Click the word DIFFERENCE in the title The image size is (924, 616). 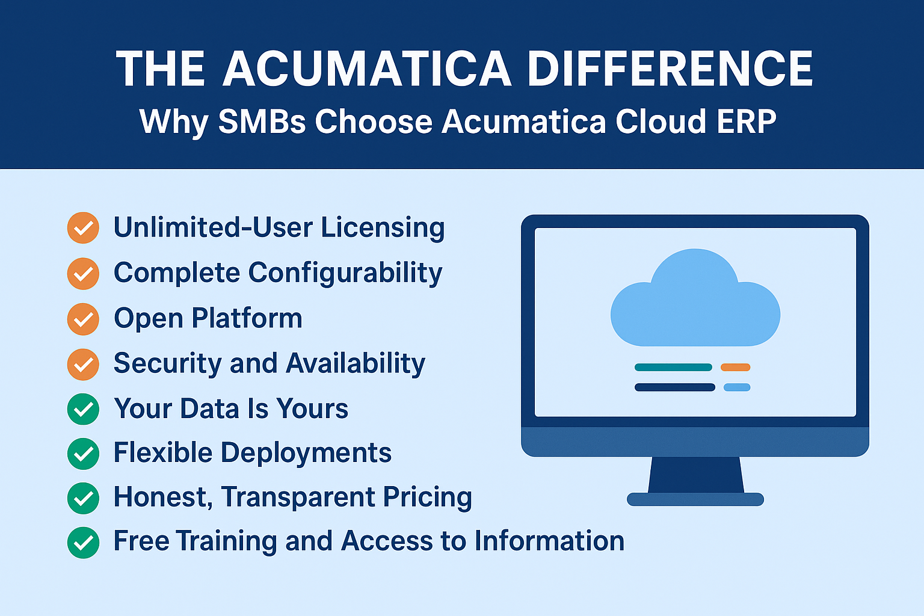(670, 69)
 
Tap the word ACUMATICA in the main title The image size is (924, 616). (367, 69)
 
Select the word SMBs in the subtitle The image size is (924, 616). (262, 122)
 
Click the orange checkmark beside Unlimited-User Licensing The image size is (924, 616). (83, 228)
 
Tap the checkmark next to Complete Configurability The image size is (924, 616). (83, 274)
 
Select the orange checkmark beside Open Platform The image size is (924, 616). (83, 319)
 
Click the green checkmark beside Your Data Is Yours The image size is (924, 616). (83, 409)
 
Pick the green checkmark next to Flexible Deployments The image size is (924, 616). (83, 454)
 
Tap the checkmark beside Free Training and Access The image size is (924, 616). (83, 543)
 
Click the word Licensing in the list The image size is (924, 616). (383, 228)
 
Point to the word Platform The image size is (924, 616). (247, 318)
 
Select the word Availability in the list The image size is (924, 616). (355, 364)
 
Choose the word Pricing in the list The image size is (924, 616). (427, 497)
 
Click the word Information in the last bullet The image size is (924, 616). (549, 540)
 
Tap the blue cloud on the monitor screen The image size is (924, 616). (695, 298)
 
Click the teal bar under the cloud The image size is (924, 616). (673, 367)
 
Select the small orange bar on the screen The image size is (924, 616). (736, 367)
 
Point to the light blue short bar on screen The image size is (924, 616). (737, 387)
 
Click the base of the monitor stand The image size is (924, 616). (695, 499)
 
